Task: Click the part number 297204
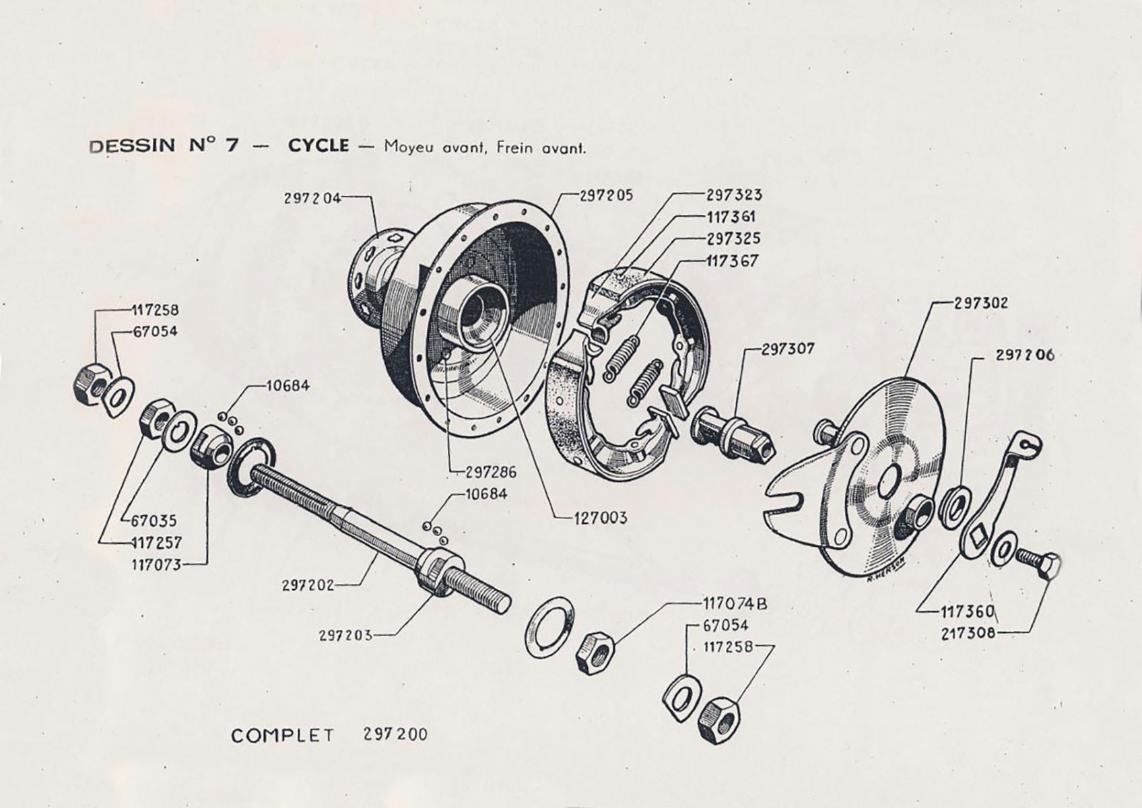[312, 198]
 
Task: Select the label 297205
[606, 195]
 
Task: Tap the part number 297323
[734, 195]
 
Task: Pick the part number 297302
[981, 303]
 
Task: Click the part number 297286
[490, 472]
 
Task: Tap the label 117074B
[735, 604]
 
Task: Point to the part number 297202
[308, 585]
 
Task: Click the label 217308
[968, 632]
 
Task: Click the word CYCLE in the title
[318, 145]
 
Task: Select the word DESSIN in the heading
[132, 146]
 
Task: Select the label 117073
[156, 564]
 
